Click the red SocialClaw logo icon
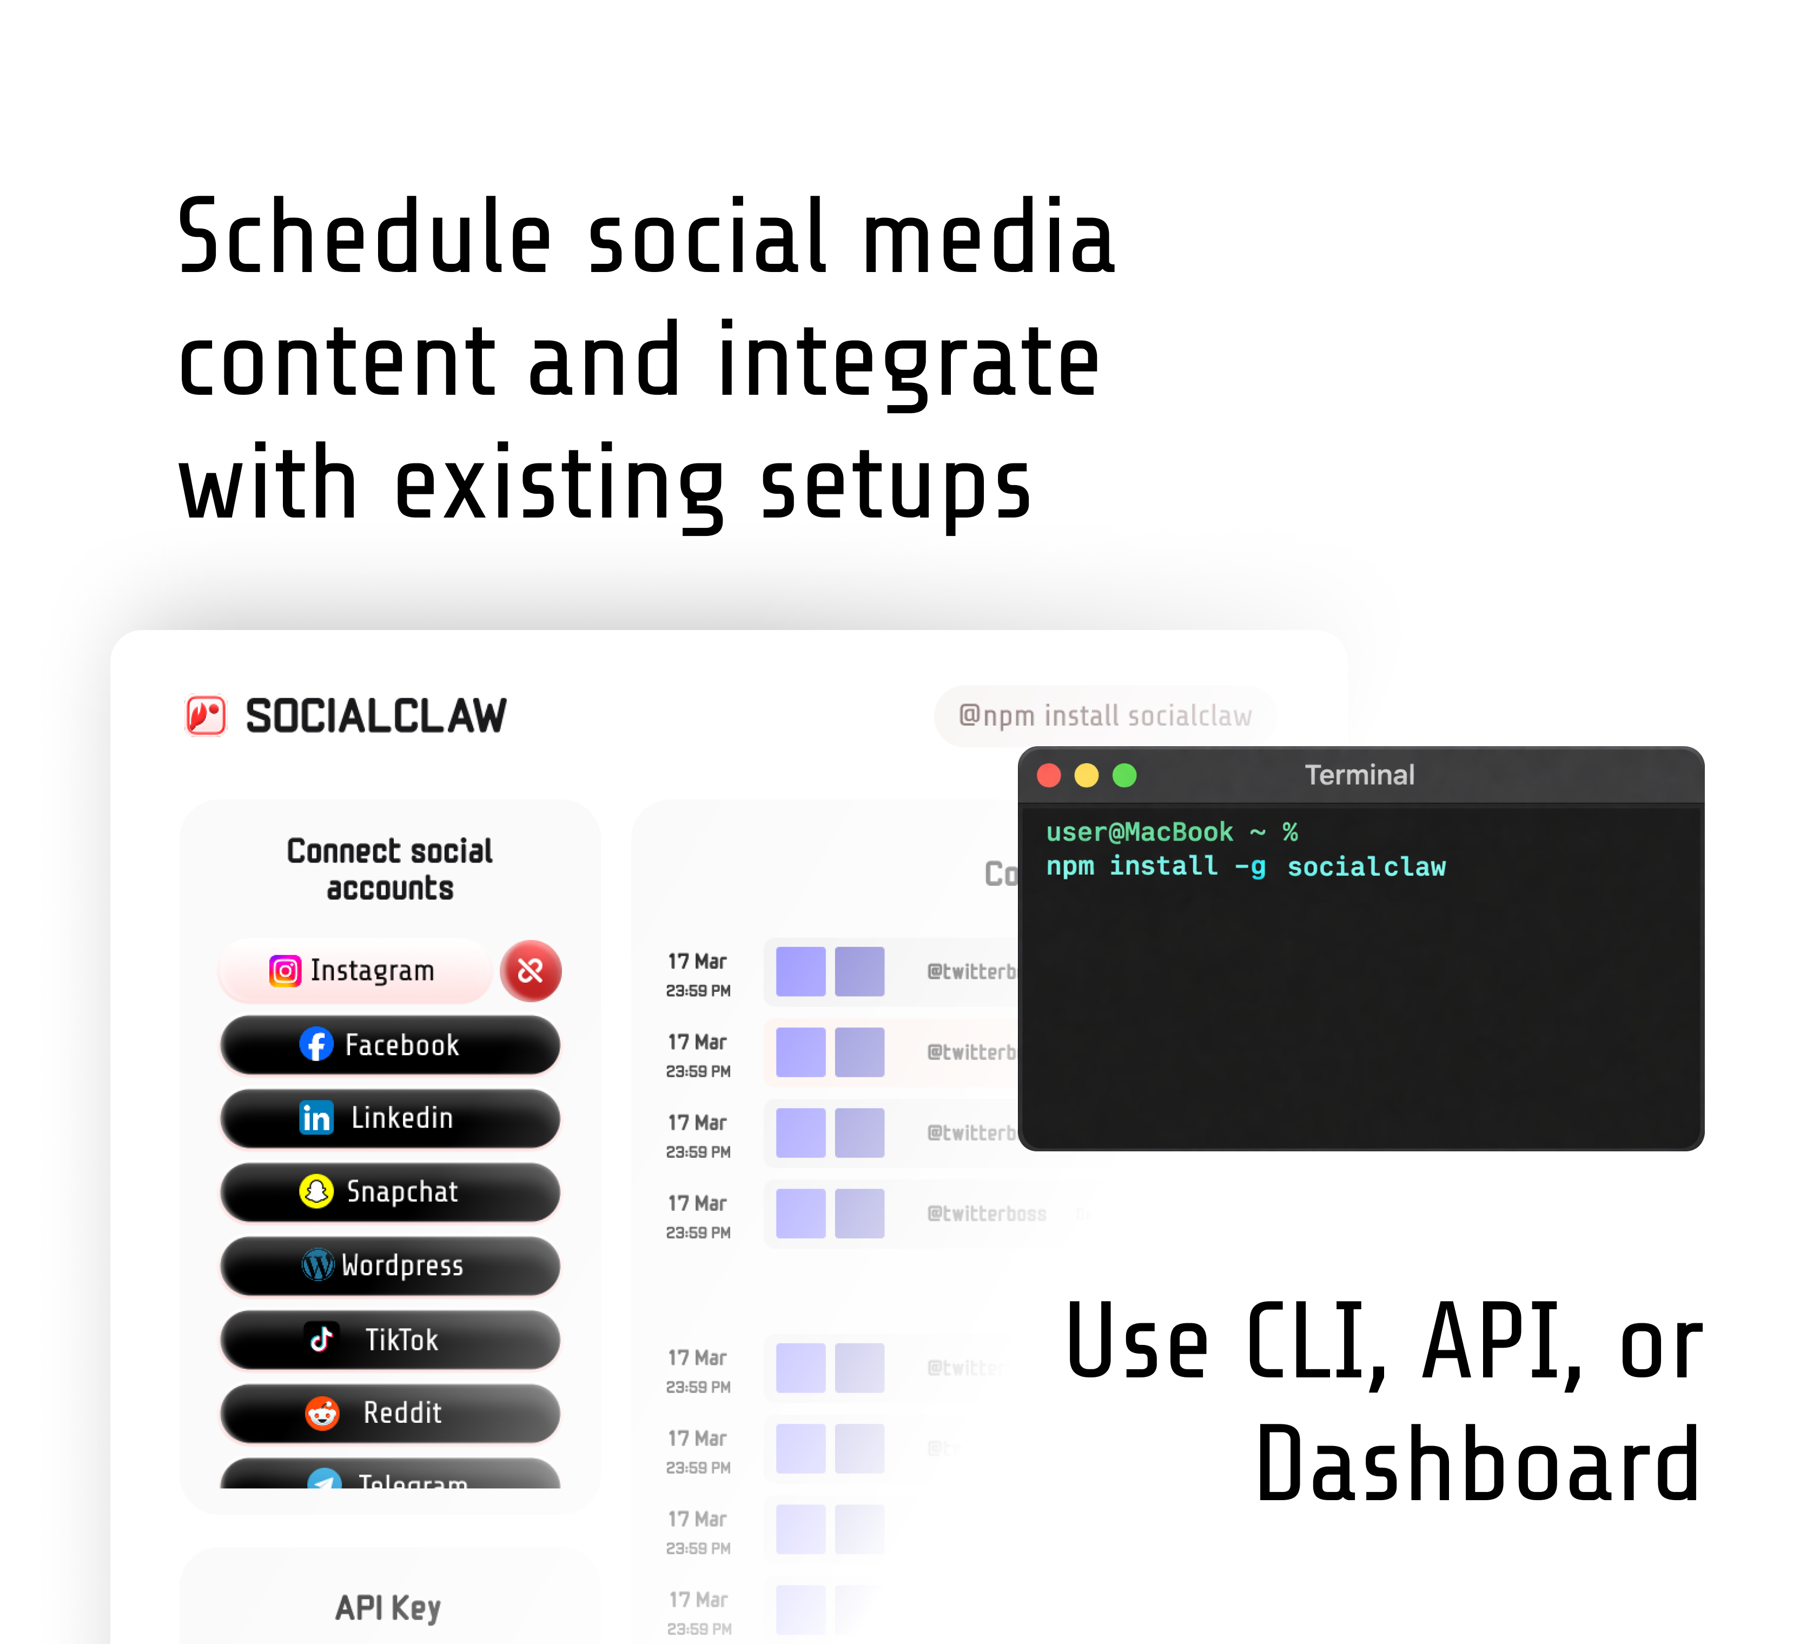tap(206, 716)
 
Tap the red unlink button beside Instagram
tap(531, 971)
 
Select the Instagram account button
tap(354, 971)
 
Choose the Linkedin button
tap(390, 1118)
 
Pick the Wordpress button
tap(390, 1265)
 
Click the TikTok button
tap(390, 1339)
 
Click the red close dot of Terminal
tap(1049, 775)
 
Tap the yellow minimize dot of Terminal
tap(1087, 775)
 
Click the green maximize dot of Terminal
tap(1124, 775)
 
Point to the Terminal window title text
tap(1359, 775)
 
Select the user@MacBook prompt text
tap(1139, 832)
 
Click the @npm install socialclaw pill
tap(1104, 716)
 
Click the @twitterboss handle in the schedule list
tap(986, 1214)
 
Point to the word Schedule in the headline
tap(365, 237)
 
